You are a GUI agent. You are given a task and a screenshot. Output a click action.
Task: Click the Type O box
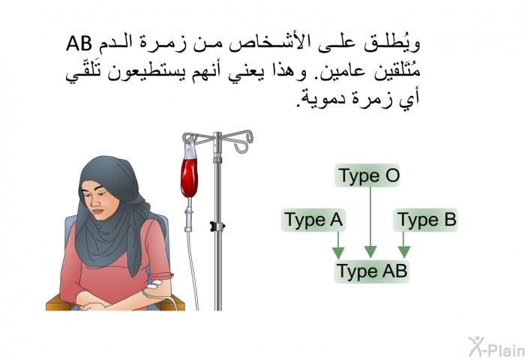click(x=367, y=175)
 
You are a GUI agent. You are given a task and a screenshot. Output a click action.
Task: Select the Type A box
click(x=313, y=220)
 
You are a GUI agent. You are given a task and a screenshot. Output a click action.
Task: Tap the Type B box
click(x=425, y=220)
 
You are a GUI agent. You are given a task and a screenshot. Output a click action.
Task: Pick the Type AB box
click(x=372, y=271)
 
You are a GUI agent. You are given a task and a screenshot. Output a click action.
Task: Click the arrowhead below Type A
click(x=338, y=253)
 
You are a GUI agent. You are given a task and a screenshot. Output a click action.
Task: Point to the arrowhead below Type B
click(x=403, y=252)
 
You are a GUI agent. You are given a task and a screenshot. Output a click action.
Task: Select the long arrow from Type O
click(x=370, y=222)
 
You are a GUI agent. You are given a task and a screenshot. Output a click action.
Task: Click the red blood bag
click(x=189, y=178)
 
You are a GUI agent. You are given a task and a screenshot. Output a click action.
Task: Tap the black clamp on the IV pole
click(x=217, y=226)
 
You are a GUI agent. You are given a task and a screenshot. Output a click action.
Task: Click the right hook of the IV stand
click(x=244, y=142)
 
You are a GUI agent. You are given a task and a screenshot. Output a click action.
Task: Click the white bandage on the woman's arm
click(x=154, y=285)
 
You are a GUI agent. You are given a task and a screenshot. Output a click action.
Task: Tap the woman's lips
click(x=98, y=211)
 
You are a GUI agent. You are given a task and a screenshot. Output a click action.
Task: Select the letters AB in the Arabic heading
click(x=79, y=43)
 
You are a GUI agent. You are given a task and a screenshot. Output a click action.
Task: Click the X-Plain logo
click(x=496, y=347)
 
